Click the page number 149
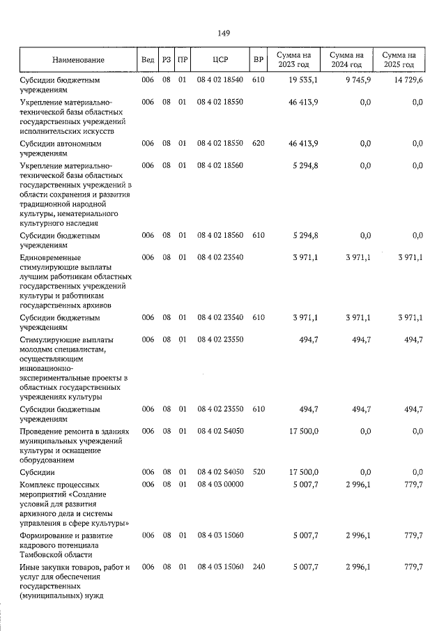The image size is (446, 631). (224, 33)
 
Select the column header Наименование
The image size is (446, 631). (77, 60)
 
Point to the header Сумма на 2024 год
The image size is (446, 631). (347, 60)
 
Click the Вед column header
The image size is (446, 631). (148, 60)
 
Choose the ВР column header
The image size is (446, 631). (259, 60)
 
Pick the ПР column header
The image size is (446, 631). (183, 60)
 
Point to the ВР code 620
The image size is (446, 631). (259, 144)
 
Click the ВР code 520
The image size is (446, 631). (259, 472)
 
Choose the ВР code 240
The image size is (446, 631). (259, 568)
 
